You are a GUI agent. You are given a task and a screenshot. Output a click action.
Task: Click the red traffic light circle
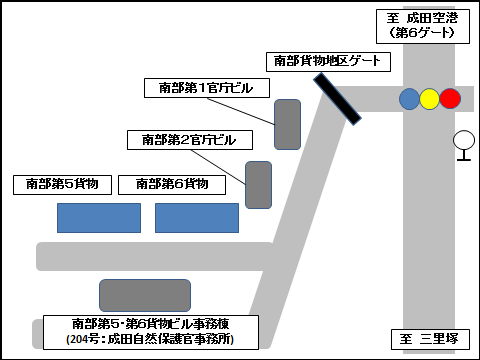(x=450, y=98)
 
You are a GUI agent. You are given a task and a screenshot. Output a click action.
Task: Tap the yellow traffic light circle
(x=430, y=98)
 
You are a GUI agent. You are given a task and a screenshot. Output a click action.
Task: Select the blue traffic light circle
(x=409, y=98)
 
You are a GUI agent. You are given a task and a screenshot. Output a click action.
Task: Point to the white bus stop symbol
(x=464, y=141)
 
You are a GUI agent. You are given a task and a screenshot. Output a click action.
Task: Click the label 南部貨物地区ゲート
(x=326, y=61)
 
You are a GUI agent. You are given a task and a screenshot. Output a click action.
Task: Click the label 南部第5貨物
(x=62, y=184)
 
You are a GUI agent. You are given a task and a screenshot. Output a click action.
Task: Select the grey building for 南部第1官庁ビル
(x=288, y=124)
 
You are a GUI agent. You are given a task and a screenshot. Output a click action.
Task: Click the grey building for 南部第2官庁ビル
(x=259, y=184)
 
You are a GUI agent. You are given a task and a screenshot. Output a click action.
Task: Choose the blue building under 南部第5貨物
(x=98, y=217)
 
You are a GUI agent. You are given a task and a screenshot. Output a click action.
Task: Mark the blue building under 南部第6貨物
(x=197, y=217)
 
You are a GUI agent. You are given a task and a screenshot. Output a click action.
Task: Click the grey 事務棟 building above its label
(x=145, y=295)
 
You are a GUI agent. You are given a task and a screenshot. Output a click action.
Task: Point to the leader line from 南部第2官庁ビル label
(x=240, y=164)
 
